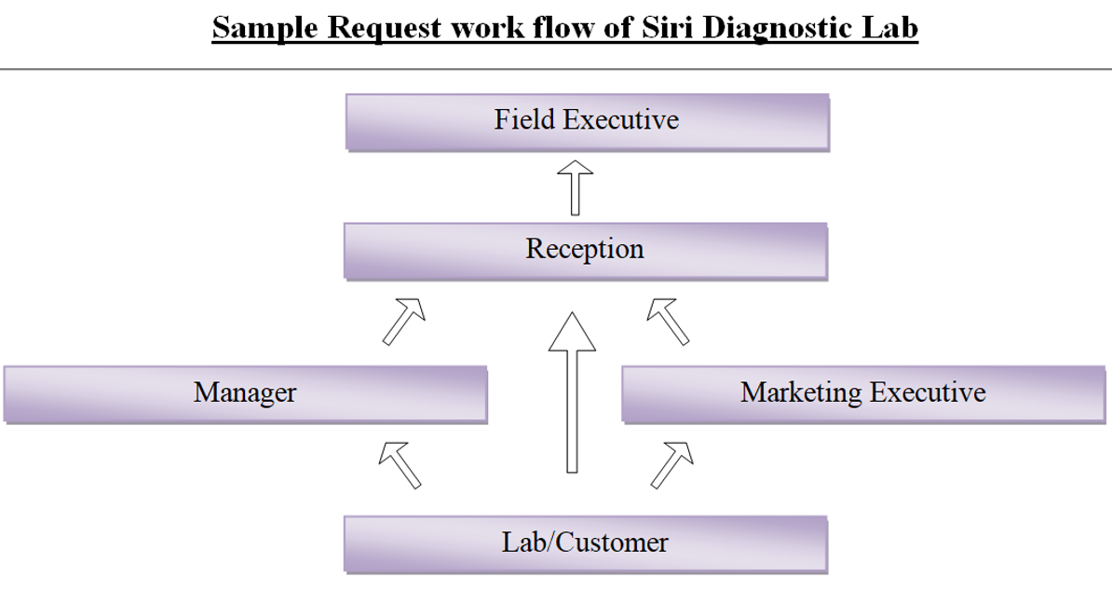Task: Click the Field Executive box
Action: point(588,122)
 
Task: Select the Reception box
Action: point(586,252)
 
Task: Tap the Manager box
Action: point(245,395)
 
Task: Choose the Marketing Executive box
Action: point(863,395)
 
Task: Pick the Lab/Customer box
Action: point(586,544)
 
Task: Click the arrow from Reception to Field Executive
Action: point(576,188)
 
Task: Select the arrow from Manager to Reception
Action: point(404,322)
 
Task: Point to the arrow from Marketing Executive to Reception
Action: point(668,322)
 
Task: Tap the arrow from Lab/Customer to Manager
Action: point(400,465)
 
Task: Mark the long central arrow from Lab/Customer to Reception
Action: point(573,392)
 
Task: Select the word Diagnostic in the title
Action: point(778,29)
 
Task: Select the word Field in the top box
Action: point(524,119)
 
